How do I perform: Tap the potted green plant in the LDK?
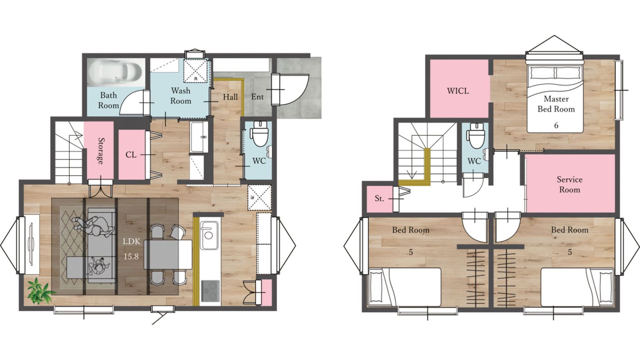[x=39, y=291]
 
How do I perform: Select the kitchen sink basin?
[x=209, y=235]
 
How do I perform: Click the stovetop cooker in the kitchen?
[x=210, y=291]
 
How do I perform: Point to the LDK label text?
[x=131, y=241]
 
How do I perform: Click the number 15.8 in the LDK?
[x=131, y=257]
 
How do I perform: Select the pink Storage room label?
[x=100, y=151]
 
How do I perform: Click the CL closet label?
[x=131, y=155]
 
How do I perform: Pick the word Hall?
[x=230, y=97]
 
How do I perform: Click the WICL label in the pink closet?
[x=458, y=91]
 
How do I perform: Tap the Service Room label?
[x=570, y=185]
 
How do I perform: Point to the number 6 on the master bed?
[x=556, y=125]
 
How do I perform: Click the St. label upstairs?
[x=379, y=198]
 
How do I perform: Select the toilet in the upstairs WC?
[x=475, y=136]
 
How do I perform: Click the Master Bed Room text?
[x=556, y=104]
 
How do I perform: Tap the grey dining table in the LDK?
[x=168, y=254]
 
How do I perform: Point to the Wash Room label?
[x=180, y=96]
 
